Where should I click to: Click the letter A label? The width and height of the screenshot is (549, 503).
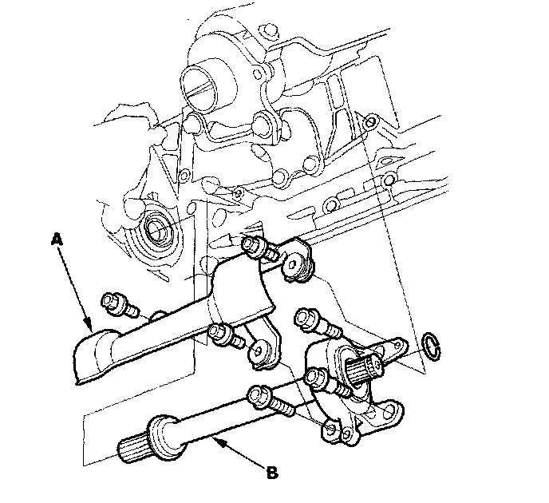tap(56, 239)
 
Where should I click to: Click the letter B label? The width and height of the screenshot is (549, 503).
tap(272, 472)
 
